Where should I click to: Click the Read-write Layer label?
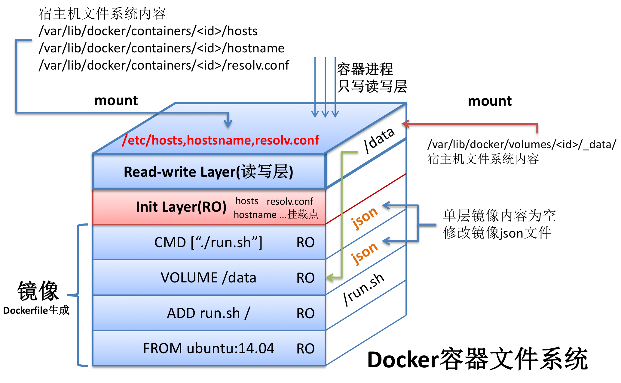point(208,172)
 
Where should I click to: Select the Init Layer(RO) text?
point(181,207)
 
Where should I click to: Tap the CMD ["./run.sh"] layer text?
point(208,242)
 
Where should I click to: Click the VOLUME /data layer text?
point(208,278)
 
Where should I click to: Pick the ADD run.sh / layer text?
point(208,313)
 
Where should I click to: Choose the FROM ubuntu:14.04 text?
point(208,348)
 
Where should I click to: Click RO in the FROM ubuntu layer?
point(305,349)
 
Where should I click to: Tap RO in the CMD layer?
point(305,242)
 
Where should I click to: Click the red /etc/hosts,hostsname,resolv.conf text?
point(221,140)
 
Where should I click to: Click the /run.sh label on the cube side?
point(364,289)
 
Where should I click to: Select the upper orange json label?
point(364,217)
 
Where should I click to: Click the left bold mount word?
point(116,101)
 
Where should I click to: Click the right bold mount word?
point(490,101)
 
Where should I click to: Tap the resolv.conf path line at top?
point(164,65)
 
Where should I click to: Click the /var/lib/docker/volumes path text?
point(522,145)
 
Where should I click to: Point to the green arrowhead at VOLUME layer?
point(330,277)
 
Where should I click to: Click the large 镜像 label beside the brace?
point(38,291)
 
